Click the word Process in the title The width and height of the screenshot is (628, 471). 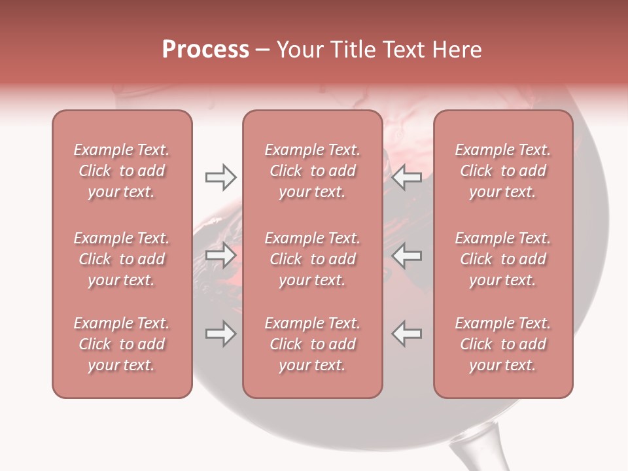pyautogui.click(x=205, y=50)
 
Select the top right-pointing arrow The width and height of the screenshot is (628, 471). pyautogui.click(x=220, y=177)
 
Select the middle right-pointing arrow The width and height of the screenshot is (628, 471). pyautogui.click(x=220, y=255)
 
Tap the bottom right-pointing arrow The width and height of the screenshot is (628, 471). pyautogui.click(x=220, y=334)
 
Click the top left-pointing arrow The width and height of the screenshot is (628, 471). pyautogui.click(x=407, y=177)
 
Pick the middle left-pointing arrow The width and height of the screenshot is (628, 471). pyautogui.click(x=407, y=255)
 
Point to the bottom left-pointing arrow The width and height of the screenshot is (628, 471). pyautogui.click(x=407, y=334)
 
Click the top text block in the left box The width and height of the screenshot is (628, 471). pyautogui.click(x=122, y=171)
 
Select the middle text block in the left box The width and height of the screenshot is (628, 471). pyautogui.click(x=122, y=259)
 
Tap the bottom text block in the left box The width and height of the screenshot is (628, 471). pyautogui.click(x=122, y=344)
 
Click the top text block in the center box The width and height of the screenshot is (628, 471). pyautogui.click(x=312, y=171)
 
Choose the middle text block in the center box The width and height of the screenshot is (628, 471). pyautogui.click(x=312, y=259)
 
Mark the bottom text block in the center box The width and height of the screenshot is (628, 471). pyautogui.click(x=312, y=344)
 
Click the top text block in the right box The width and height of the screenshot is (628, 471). pyautogui.click(x=502, y=171)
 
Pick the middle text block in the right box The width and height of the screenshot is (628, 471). pyautogui.click(x=502, y=259)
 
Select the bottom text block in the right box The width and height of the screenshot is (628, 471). pyautogui.click(x=502, y=344)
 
